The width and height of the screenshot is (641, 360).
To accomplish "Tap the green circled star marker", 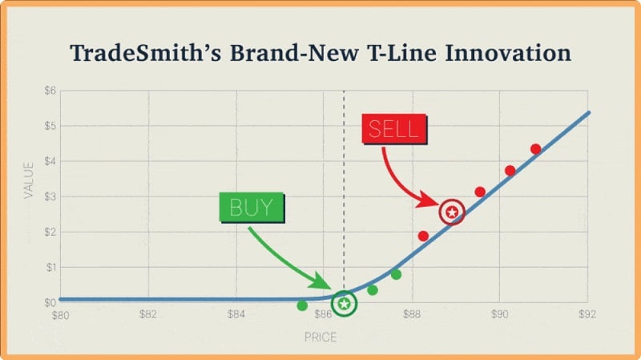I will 344,303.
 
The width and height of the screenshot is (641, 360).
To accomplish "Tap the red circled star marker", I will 453,212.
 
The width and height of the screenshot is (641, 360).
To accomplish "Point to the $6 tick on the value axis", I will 49,91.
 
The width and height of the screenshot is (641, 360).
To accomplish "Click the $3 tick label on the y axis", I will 49,196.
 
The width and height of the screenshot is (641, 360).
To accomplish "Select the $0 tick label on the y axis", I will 49,302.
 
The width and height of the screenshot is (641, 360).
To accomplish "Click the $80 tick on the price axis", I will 60,313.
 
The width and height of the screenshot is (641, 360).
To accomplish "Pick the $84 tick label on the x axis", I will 236,313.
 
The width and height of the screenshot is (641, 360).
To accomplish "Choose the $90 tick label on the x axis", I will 500,313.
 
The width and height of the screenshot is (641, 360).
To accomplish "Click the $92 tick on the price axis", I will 588,313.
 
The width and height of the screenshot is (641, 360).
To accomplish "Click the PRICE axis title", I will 320,338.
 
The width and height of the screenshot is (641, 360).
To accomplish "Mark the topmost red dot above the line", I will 536,149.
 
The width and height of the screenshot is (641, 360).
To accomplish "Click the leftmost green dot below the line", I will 302,305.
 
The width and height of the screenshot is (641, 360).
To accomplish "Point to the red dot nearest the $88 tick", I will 423,236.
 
